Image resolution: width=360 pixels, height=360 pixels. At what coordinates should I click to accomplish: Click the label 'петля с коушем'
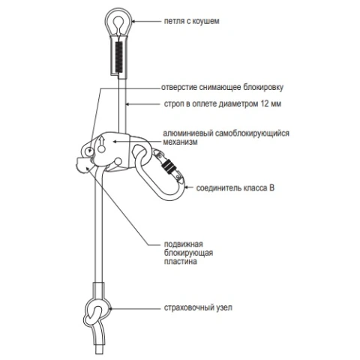coord(191,21)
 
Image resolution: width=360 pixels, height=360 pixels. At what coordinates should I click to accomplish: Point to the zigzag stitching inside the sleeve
coord(118,57)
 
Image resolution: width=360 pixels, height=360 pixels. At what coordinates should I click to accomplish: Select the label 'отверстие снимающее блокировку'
coord(222,88)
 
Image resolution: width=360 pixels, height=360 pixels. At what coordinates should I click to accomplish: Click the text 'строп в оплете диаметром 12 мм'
coord(223,103)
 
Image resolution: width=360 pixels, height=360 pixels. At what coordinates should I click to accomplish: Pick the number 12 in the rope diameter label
coord(265,103)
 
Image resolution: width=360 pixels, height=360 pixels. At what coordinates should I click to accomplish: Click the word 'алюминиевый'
coord(188,133)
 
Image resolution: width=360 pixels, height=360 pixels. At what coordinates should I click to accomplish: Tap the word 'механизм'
coord(180,142)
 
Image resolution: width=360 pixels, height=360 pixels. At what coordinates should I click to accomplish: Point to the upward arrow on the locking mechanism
coord(101,140)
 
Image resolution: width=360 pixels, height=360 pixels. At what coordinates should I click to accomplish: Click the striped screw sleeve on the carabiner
coord(168,166)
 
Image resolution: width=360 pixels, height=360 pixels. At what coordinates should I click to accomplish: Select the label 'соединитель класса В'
coord(235,188)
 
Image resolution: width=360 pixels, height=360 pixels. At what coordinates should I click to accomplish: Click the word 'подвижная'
coord(183,244)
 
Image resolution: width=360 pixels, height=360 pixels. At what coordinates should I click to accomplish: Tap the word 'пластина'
coord(180,262)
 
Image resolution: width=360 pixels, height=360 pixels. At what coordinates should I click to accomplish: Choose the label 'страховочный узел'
coord(198,307)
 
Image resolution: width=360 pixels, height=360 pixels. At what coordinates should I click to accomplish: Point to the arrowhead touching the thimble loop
coord(133,22)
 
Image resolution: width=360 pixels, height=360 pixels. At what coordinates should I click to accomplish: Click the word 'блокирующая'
coord(188,253)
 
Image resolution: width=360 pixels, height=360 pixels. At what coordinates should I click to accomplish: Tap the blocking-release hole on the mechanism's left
coord(88,151)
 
